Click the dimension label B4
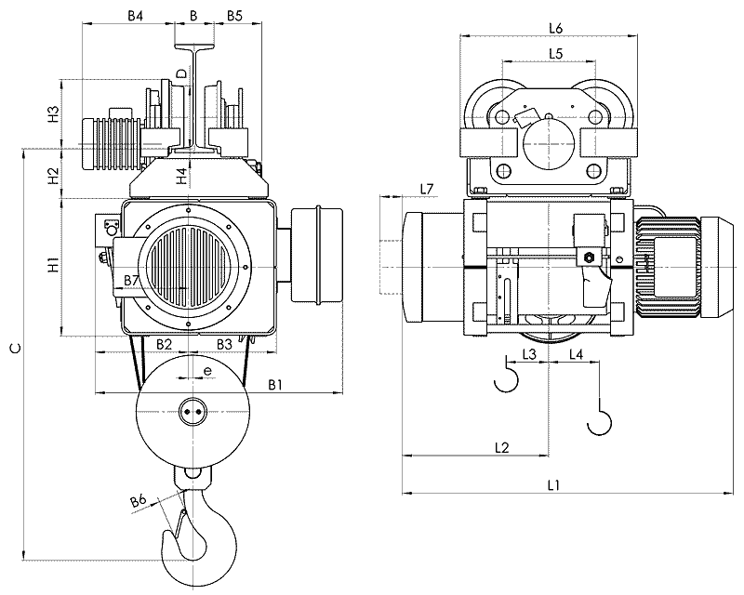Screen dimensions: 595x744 coord(136,16)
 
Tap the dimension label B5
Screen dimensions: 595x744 coord(234,16)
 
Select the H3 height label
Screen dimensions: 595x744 coord(54,114)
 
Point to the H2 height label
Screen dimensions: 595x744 coord(54,173)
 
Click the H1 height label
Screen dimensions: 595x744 coord(54,267)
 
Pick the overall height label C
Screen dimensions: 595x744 coord(12,349)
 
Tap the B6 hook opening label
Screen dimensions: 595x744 coord(139,502)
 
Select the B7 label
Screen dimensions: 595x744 coord(132,280)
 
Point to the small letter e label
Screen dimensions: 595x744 coord(207,370)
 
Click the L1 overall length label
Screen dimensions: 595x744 coord(553,484)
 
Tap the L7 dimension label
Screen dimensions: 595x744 coord(427,189)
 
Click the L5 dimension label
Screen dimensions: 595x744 coord(555,54)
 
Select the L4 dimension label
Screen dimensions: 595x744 coord(576,354)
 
